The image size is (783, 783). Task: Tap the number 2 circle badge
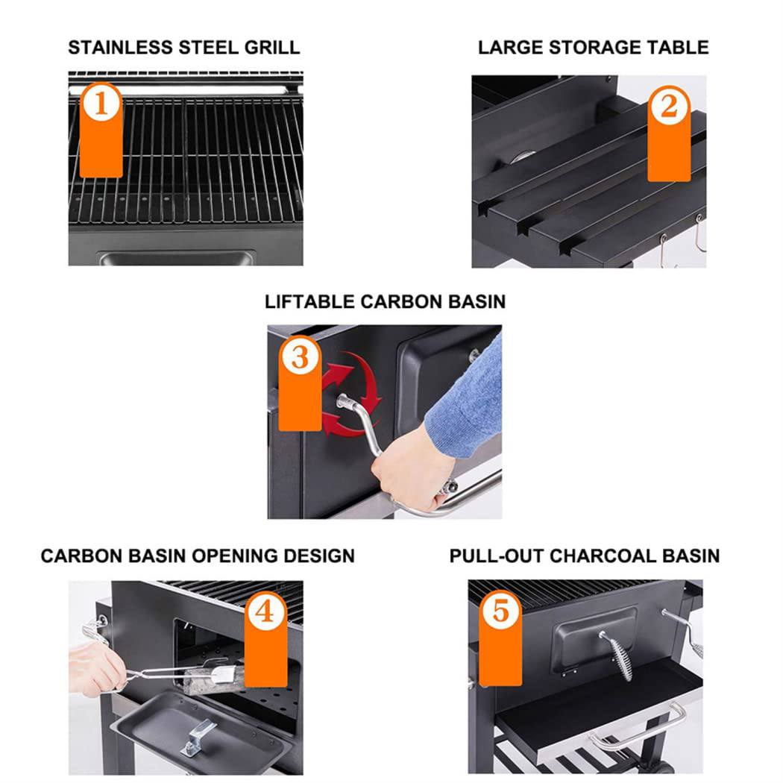pyautogui.click(x=668, y=107)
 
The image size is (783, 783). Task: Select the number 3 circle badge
pyautogui.click(x=299, y=359)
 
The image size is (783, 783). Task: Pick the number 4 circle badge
pyautogui.click(x=265, y=613)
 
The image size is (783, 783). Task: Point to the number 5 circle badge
pyautogui.click(x=500, y=612)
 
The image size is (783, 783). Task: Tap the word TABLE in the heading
pyautogui.click(x=674, y=48)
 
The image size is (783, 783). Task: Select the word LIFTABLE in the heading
pyautogui.click(x=309, y=302)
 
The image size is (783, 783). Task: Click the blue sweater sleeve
pyautogui.click(x=467, y=403)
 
